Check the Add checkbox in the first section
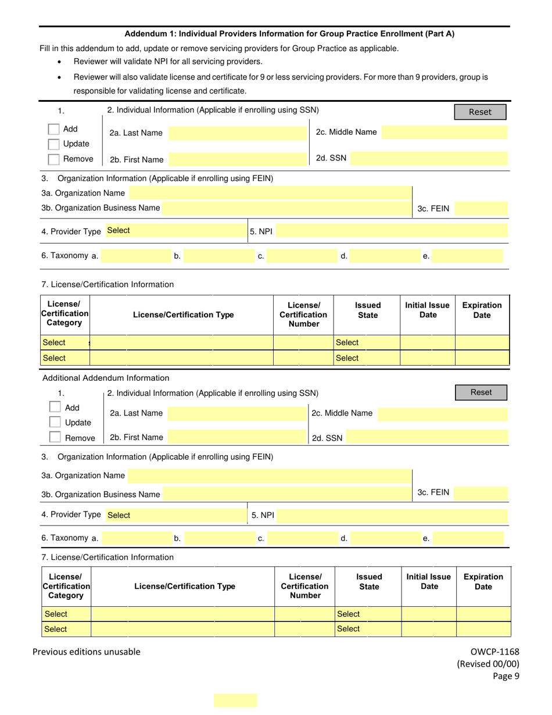(53, 129)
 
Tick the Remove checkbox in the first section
(53, 159)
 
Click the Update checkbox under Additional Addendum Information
(55, 423)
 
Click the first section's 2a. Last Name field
(235, 133)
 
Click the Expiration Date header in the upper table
(482, 310)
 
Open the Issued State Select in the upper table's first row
(367, 343)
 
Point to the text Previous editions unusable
(87, 652)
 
